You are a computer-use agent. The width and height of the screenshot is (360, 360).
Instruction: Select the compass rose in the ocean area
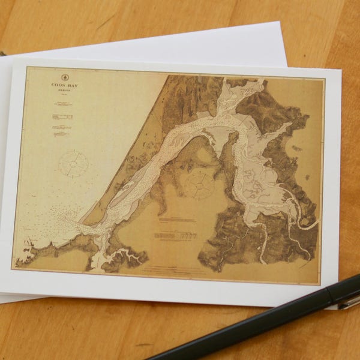[x=74, y=164]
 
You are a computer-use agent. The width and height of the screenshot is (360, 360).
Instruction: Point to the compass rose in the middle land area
[x=200, y=184]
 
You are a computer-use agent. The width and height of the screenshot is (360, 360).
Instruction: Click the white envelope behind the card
[x=180, y=42]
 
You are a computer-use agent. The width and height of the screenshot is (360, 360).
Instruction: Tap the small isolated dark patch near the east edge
[x=297, y=148]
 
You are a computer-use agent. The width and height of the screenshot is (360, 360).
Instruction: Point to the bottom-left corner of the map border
[x=13, y=269]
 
